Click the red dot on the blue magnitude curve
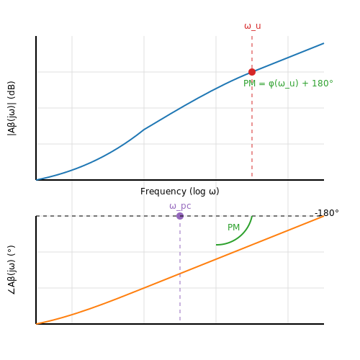point(252,72)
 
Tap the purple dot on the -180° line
point(180,216)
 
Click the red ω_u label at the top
point(253,26)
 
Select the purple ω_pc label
point(180,206)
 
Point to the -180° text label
point(327,213)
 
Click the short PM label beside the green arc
point(233,227)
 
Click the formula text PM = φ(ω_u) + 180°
point(288,84)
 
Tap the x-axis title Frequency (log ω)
point(180,192)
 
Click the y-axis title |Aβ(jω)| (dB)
point(12,109)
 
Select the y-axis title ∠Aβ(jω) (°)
point(12,270)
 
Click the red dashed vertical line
point(252,107)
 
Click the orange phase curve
point(180,274)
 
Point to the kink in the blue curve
point(144,130)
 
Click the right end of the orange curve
point(324,216)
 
